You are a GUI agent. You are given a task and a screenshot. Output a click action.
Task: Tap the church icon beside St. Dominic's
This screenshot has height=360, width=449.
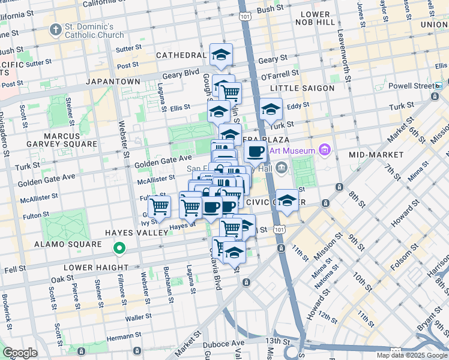coord(56,29)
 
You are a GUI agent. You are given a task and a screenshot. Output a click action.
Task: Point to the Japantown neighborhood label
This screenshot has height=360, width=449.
coord(113,81)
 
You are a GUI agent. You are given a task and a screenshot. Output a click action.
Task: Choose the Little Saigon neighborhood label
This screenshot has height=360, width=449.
coord(306,88)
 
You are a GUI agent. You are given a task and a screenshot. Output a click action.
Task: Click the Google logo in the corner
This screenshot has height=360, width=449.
coord(20,353)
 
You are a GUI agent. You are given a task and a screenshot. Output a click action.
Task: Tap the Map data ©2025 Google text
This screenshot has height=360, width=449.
coord(412,355)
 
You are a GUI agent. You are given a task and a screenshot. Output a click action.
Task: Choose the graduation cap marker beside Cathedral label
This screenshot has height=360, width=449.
coord(221,55)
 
